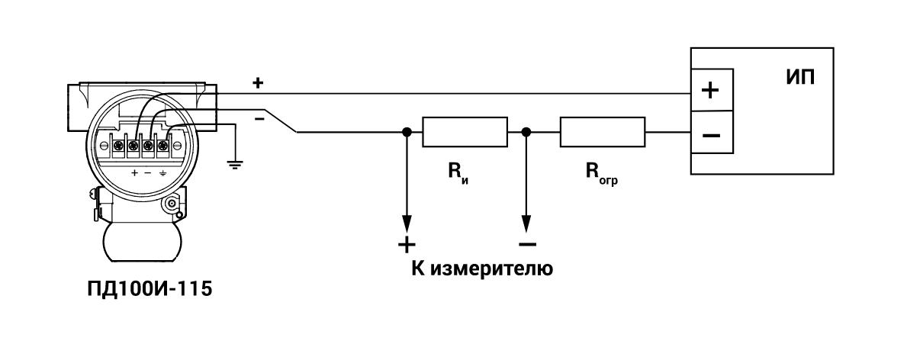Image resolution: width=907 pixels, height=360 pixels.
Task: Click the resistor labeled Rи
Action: (x=465, y=132)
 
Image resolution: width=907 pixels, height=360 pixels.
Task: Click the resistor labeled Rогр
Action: (x=603, y=132)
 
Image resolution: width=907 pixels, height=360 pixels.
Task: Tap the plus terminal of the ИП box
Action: (x=710, y=91)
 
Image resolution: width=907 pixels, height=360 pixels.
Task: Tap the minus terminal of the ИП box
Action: (x=710, y=135)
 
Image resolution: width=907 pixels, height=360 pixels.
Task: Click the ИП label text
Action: (x=799, y=79)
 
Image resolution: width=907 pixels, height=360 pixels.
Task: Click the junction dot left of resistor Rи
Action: (x=407, y=132)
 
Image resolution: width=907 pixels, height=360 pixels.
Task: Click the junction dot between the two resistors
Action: (x=525, y=132)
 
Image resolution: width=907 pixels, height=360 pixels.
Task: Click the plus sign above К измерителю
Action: (x=407, y=244)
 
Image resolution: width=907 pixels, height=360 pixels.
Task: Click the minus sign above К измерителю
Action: (x=526, y=244)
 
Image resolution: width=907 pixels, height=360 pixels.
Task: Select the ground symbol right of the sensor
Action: (x=235, y=164)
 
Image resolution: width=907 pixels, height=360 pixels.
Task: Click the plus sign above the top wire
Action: (x=258, y=82)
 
